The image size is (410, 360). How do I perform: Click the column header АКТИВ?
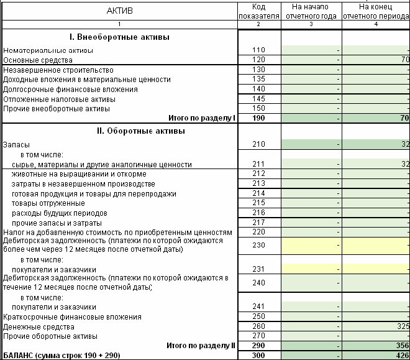point(119,11)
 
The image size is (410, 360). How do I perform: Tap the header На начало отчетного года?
point(311,11)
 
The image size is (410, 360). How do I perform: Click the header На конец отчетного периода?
point(375,11)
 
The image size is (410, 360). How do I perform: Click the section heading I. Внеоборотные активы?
point(119,37)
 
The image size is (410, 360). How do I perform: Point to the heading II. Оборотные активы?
point(119,131)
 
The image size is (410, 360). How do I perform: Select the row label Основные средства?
point(38,60)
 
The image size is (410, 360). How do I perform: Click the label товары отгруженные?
point(48,203)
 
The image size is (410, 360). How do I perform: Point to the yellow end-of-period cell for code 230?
point(375,245)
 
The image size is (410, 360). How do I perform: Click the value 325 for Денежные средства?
point(401,326)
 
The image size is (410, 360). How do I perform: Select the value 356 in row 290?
point(401,346)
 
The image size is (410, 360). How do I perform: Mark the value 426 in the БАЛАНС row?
point(401,355)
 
